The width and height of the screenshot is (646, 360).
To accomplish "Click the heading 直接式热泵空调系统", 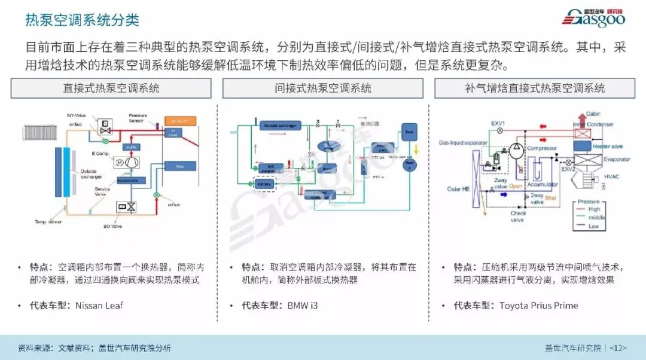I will [111, 89].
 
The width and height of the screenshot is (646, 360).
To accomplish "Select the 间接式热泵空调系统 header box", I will [323, 89].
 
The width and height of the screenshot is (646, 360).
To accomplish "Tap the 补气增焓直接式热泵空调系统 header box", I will [535, 89].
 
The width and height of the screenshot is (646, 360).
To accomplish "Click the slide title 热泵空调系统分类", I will [82, 20].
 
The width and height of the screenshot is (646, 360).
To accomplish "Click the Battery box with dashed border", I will [264, 185].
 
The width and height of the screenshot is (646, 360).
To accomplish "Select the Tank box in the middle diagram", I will [409, 131].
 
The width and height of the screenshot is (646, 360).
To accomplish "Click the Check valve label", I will [518, 216].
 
